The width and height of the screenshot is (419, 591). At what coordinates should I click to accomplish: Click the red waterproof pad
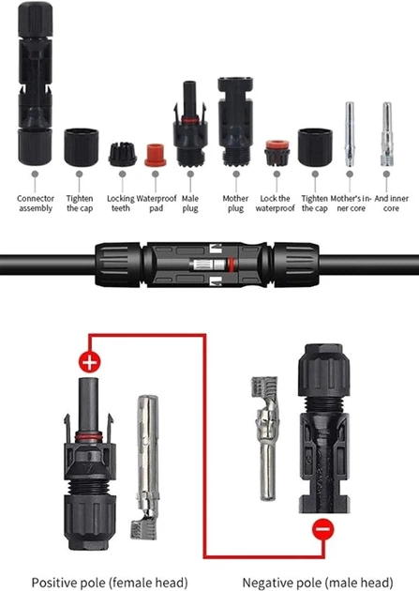coord(155,155)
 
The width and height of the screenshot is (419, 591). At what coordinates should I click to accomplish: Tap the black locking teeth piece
coord(123,154)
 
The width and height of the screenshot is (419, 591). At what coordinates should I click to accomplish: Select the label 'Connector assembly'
coord(36,204)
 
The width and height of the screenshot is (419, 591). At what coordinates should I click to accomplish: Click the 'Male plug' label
coord(190,204)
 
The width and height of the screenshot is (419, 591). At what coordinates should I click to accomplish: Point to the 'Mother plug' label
coord(235,204)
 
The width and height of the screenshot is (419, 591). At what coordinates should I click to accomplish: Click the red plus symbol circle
coord(90,363)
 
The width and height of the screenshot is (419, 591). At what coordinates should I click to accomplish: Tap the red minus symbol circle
coord(323,529)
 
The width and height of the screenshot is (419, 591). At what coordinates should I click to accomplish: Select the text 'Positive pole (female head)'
coord(110,583)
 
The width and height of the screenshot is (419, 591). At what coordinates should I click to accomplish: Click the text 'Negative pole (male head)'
coord(318,583)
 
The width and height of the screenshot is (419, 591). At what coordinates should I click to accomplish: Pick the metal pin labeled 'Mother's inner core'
coord(350,134)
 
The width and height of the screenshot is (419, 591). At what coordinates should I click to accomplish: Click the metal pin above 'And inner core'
coord(386,134)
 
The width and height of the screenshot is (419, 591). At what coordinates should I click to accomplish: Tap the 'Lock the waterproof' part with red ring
coord(277,153)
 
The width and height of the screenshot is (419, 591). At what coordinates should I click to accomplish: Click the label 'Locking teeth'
coord(121,204)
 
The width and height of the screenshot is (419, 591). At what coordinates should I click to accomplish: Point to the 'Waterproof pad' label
coord(157,204)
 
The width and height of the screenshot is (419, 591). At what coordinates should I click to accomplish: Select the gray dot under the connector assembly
coord(35,174)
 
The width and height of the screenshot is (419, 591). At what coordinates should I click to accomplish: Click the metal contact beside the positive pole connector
coord(146,466)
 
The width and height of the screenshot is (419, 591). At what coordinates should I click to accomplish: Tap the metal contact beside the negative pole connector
coord(265,438)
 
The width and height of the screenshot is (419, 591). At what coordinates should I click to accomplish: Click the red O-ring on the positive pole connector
coord(88,437)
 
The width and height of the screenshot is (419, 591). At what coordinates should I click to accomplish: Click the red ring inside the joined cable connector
coord(231,265)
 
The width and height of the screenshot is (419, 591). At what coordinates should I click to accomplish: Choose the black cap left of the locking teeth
coord(82,147)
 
